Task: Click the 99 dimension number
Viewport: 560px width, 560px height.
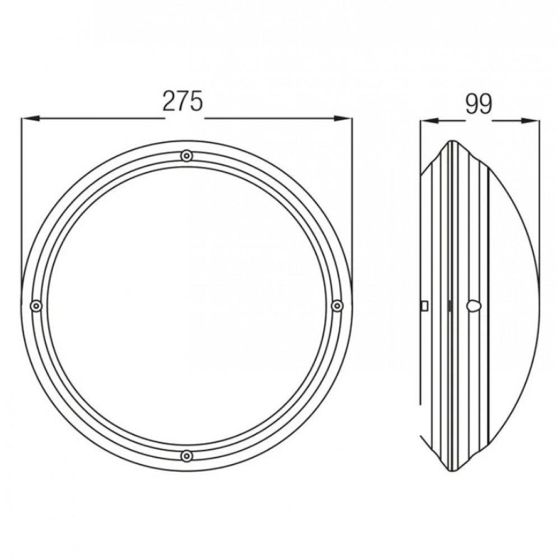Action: [x=479, y=104]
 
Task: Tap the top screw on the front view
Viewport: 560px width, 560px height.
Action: [x=186, y=156]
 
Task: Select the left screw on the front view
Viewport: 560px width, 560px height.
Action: [x=36, y=306]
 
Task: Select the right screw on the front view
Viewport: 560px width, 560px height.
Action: [x=337, y=306]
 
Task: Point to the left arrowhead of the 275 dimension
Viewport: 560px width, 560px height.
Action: [x=30, y=119]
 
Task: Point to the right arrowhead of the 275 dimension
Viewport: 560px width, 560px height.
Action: [x=343, y=119]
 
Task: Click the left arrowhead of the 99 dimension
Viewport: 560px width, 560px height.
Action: [x=429, y=121]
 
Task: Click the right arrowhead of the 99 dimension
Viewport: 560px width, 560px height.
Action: [x=531, y=121]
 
